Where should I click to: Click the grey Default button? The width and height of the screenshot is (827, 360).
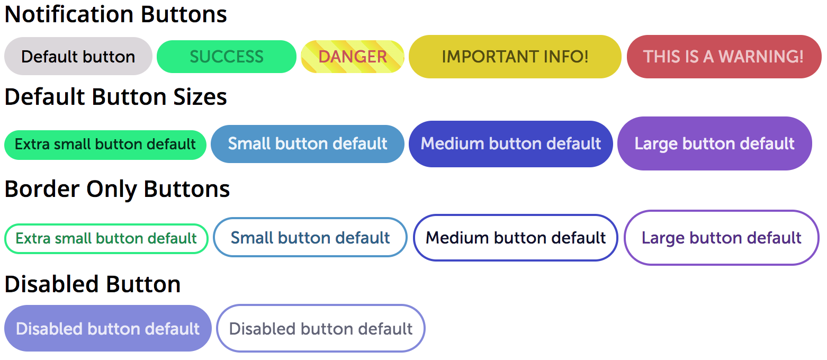tap(78, 56)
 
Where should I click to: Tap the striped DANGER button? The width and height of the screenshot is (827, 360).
tap(353, 57)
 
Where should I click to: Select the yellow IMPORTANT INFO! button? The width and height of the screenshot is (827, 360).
tap(515, 57)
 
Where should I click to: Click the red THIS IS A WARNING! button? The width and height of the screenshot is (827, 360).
tap(723, 57)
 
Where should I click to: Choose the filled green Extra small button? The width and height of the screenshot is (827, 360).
tap(105, 145)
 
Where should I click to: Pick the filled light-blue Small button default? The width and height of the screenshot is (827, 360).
tap(308, 144)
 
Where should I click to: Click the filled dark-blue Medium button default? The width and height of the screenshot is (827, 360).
tap(510, 144)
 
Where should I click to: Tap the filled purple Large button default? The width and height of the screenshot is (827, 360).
tap(714, 143)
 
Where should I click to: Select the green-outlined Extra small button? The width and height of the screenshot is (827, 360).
tap(106, 239)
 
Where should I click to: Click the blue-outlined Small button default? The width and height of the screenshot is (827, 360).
tap(310, 238)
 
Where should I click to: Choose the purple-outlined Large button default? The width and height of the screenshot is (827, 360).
tap(722, 238)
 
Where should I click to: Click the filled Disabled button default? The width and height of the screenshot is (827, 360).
tap(108, 329)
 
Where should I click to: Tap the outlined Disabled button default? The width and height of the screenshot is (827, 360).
tap(321, 329)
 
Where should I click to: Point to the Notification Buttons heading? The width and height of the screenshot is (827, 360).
tap(116, 14)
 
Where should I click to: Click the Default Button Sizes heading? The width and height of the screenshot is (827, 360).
tap(116, 97)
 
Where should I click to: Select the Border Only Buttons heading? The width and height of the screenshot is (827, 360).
tap(117, 189)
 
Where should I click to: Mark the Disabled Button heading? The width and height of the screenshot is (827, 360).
tap(93, 284)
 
